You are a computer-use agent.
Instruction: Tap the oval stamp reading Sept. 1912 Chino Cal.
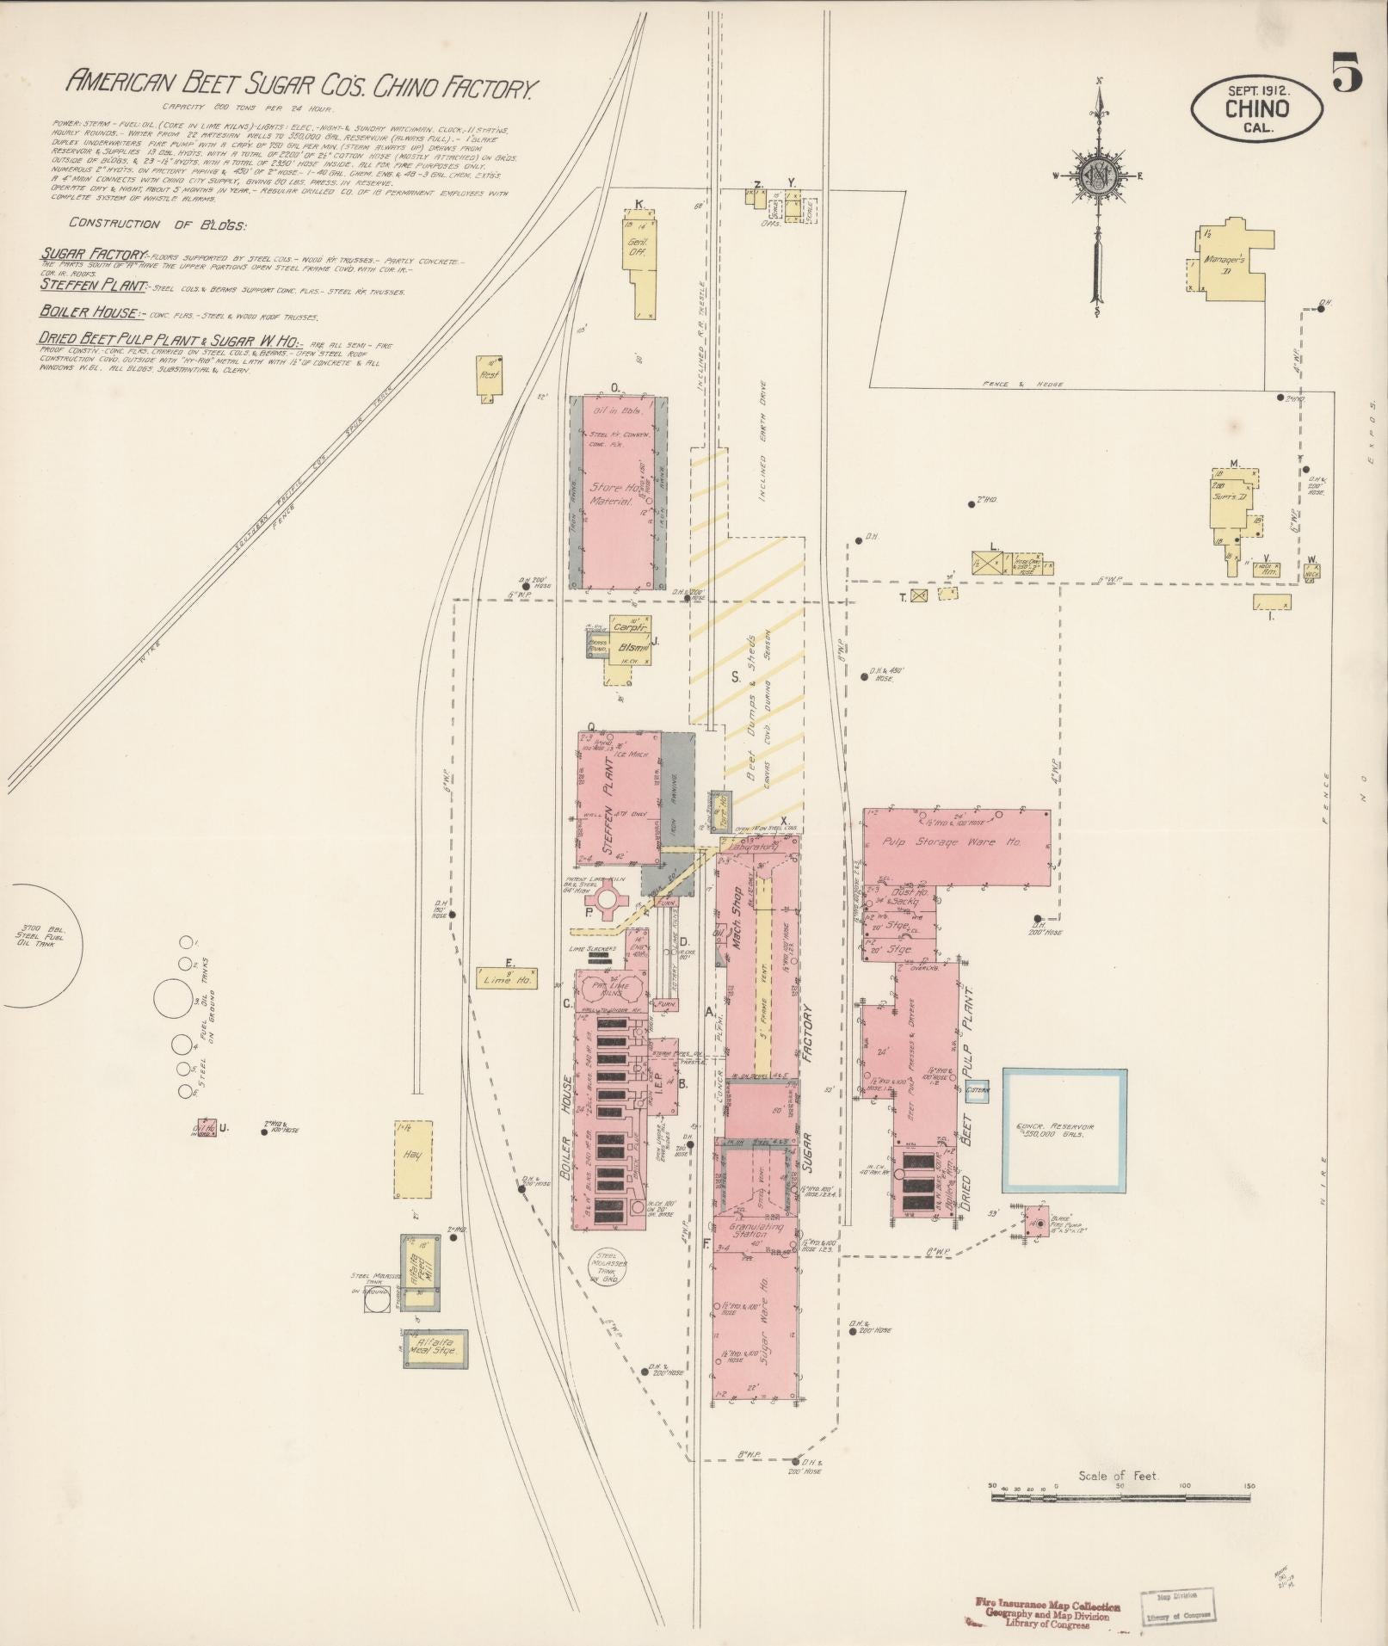coord(1257,108)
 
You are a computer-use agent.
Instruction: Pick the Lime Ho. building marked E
coord(507,978)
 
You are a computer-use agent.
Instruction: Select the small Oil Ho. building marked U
coord(205,1129)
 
